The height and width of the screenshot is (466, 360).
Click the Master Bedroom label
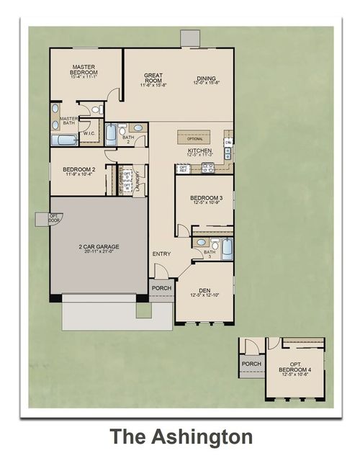(x=84, y=70)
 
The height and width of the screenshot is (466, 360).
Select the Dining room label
(x=207, y=79)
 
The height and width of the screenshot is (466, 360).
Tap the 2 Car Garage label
(x=99, y=246)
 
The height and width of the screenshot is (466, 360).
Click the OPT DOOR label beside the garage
(x=53, y=218)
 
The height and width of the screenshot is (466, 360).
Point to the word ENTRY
(x=160, y=254)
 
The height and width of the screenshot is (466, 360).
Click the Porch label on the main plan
(x=161, y=288)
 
